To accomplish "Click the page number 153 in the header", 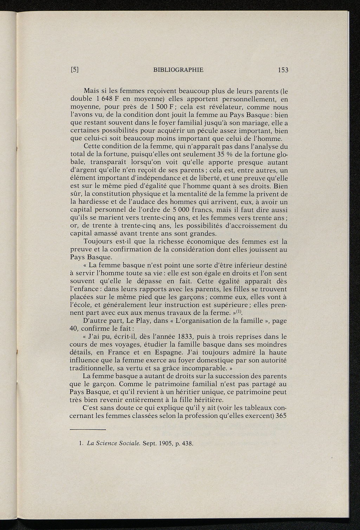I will click(x=283, y=70).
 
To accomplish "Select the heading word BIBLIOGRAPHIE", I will click(x=179, y=70).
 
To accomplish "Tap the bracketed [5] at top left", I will click(x=74, y=70).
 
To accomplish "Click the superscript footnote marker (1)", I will click(x=238, y=312).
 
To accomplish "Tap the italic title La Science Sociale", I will click(x=110, y=443).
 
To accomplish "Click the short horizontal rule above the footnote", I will click(x=88, y=429).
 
